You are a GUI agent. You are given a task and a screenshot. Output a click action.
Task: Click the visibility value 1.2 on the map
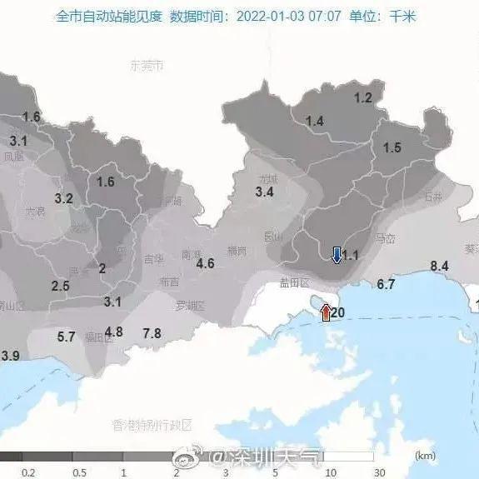tap(363, 97)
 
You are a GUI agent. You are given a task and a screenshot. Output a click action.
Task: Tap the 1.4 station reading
tap(314, 122)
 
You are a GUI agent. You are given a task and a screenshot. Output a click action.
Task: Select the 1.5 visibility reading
tap(392, 147)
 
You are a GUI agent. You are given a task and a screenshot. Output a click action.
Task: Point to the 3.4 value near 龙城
tap(264, 192)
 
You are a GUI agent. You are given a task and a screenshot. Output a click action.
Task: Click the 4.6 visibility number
tap(205, 264)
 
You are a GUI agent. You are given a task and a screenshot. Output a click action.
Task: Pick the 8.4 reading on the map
tap(439, 266)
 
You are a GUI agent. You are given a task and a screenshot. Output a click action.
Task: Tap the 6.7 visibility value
tap(386, 284)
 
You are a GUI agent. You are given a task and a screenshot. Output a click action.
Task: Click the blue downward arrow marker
tap(336, 255)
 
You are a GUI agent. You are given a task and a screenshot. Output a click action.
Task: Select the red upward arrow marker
tap(326, 313)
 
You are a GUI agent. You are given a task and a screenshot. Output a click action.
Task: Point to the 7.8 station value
tap(152, 333)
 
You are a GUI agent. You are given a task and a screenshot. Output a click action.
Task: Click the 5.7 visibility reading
tap(66, 337)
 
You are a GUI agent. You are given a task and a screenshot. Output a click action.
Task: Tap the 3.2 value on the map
tap(63, 198)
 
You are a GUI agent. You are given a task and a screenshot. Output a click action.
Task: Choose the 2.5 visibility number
tap(60, 286)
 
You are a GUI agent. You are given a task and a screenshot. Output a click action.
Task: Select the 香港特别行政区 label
tap(152, 425)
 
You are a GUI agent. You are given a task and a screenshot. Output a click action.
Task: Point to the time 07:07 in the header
tap(327, 16)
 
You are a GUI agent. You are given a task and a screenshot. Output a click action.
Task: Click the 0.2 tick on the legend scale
tap(28, 472)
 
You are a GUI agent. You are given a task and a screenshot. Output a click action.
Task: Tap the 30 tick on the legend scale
tap(380, 472)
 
